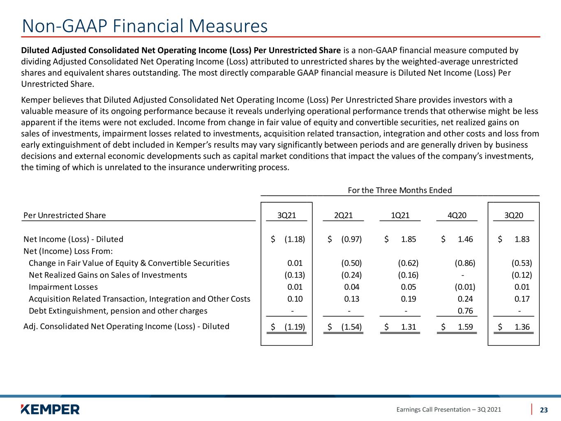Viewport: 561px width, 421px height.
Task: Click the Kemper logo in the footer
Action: click(50, 409)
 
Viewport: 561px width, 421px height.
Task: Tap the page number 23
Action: click(544, 410)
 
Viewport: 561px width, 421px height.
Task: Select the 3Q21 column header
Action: click(286, 215)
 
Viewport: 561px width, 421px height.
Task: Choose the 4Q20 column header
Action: click(457, 215)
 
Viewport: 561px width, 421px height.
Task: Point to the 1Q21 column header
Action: click(400, 215)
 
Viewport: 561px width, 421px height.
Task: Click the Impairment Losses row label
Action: click(63, 287)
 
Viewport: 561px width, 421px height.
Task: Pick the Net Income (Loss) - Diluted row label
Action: click(73, 239)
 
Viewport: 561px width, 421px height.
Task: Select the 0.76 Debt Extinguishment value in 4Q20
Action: click(465, 311)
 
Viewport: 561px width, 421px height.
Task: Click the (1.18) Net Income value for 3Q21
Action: click(295, 239)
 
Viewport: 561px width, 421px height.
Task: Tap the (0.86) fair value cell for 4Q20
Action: click(465, 263)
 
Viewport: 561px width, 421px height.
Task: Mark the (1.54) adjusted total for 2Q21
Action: click(351, 327)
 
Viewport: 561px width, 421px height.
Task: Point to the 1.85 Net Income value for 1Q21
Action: click(409, 239)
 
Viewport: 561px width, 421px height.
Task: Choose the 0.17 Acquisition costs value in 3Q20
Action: click(522, 299)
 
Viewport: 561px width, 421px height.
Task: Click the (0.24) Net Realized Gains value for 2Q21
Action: click(351, 275)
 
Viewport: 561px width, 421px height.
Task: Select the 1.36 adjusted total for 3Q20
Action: click(522, 327)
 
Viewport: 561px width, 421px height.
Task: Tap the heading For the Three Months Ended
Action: click(400, 190)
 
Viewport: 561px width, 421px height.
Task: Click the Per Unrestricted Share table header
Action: click(65, 215)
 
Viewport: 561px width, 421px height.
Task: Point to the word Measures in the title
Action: click(228, 26)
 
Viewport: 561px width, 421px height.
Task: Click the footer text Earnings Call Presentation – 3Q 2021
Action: click(448, 409)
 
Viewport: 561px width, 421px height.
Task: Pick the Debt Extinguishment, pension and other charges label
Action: click(118, 311)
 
